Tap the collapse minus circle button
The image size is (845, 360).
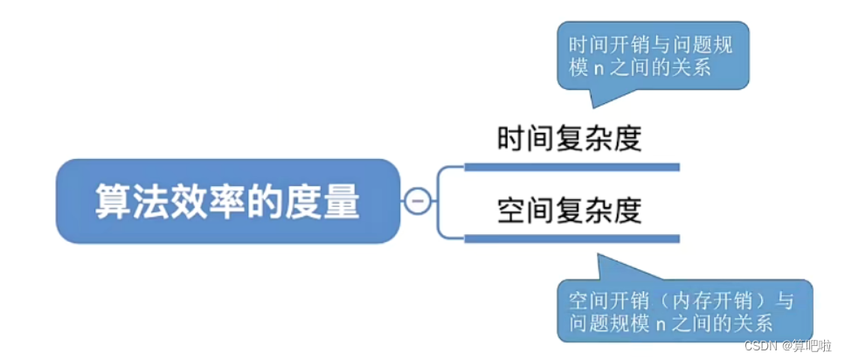pos(416,201)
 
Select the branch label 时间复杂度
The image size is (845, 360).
pos(570,139)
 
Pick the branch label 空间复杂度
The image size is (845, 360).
pos(570,210)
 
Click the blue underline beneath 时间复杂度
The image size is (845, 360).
pos(571,166)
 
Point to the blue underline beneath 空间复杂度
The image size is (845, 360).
pos(571,238)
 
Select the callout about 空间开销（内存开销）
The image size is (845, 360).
pos(682,311)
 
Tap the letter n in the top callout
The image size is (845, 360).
pos(599,68)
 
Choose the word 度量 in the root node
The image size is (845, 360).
pos(332,202)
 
